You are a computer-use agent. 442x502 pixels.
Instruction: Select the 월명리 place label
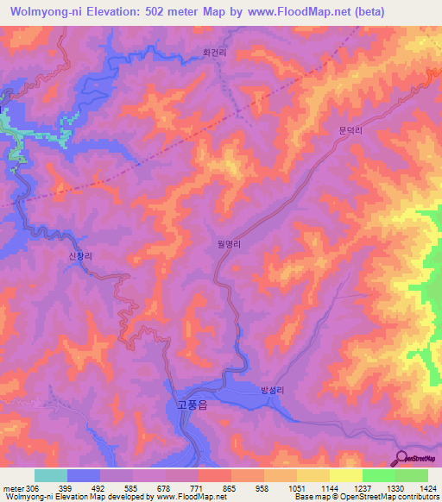click(229, 244)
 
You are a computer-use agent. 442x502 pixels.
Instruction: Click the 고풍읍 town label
click(186, 405)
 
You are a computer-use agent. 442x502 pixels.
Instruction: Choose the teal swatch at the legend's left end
click(51, 475)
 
